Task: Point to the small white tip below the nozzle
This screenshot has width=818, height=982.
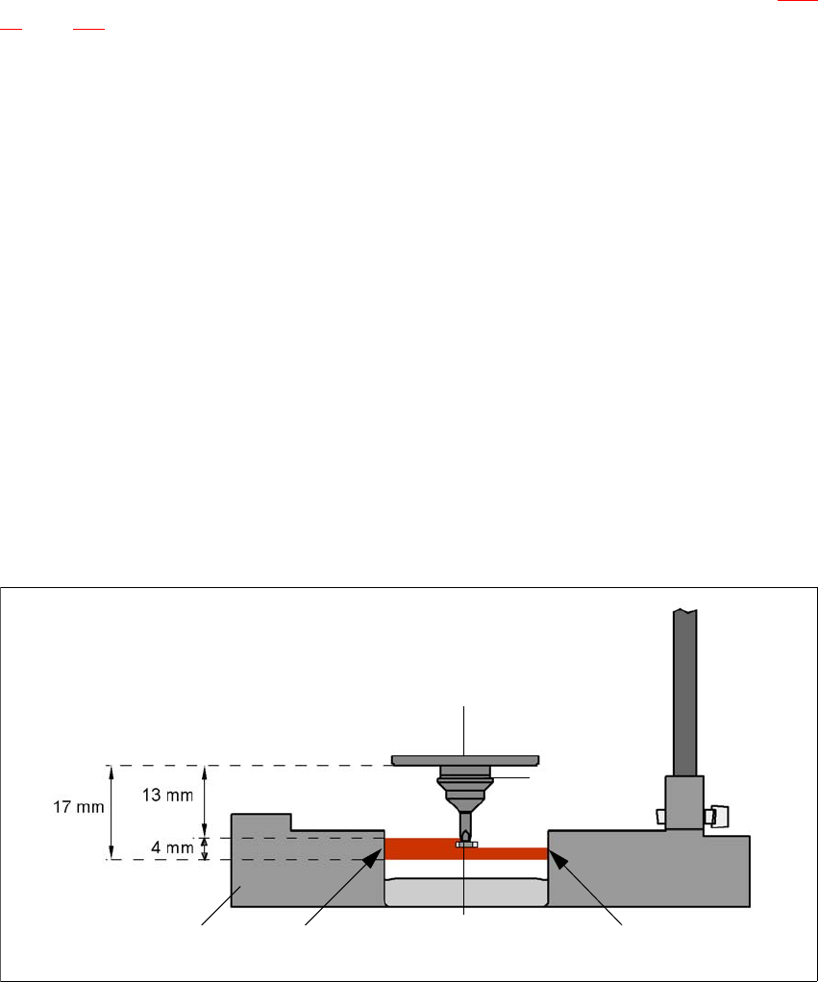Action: click(466, 845)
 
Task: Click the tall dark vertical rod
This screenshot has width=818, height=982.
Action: click(684, 692)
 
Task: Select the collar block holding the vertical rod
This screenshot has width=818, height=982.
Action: click(684, 803)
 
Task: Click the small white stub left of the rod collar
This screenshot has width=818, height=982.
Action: click(658, 816)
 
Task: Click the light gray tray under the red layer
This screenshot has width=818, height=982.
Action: click(466, 893)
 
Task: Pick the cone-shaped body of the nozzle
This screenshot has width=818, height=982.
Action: click(466, 794)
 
